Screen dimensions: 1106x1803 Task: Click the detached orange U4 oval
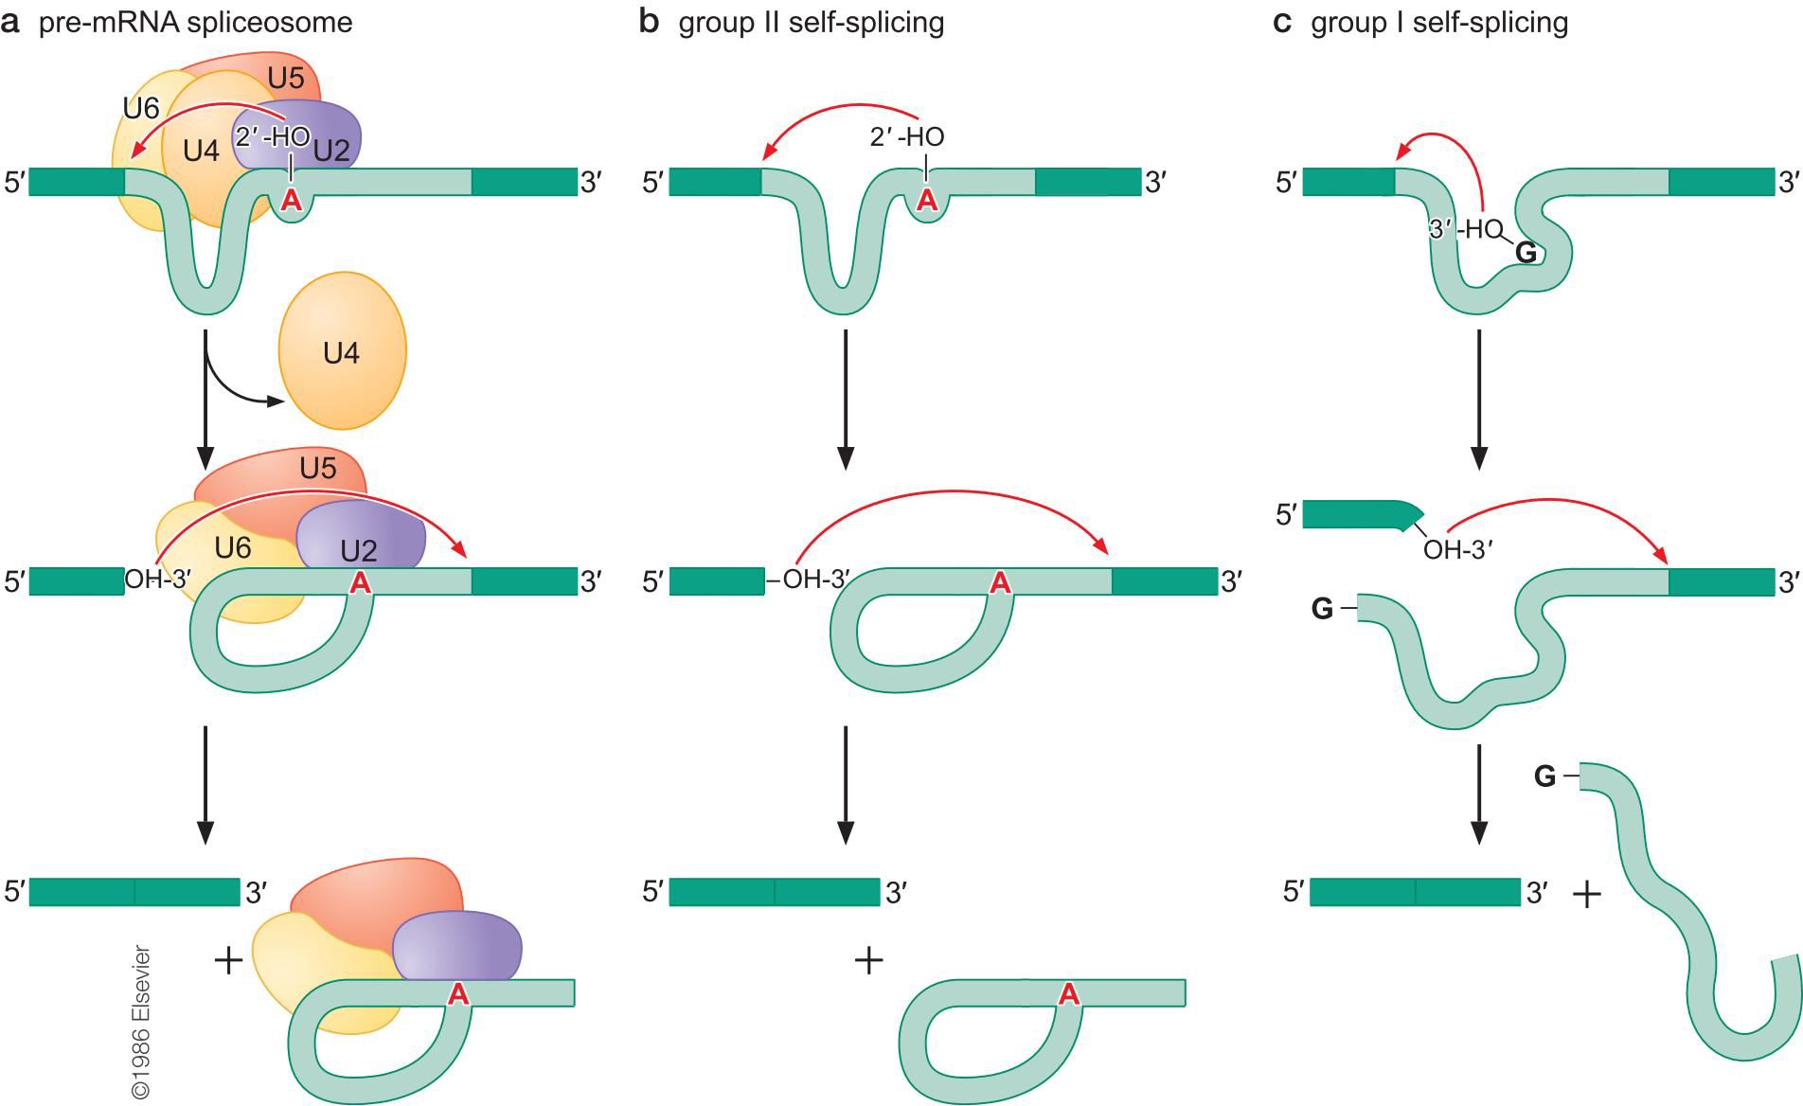[x=342, y=353]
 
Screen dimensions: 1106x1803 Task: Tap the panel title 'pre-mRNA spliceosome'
[x=195, y=22]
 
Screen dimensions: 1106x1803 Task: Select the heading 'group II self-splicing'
[x=811, y=22]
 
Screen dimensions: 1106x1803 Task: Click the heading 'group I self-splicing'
[x=1438, y=22]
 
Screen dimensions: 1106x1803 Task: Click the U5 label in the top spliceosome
[x=285, y=79]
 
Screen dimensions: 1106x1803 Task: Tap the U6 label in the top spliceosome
[x=141, y=109]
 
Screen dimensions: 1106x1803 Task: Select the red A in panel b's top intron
[x=927, y=200]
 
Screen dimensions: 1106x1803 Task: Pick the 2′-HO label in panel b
[x=906, y=137]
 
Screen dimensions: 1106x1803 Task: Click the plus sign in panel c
[x=1586, y=893]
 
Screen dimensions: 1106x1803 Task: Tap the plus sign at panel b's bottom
[x=868, y=961]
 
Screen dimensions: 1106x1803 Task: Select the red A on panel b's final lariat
[x=1068, y=993]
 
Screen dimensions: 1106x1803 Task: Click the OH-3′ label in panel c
[x=1457, y=549]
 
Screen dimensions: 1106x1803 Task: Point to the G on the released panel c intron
[x=1544, y=777]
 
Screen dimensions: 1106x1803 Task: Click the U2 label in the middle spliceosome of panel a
[x=358, y=549]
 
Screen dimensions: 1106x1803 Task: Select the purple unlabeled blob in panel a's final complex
[x=458, y=945]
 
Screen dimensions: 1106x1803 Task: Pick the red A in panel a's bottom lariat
[x=458, y=993]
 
